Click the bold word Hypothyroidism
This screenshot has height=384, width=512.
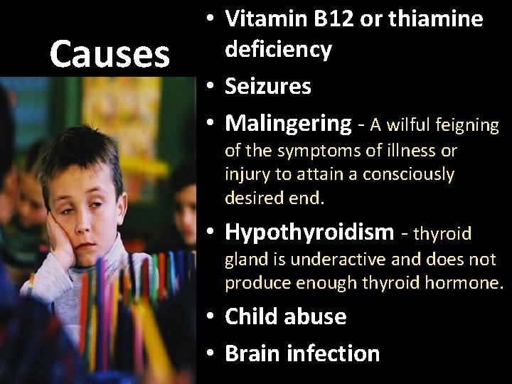click(x=309, y=232)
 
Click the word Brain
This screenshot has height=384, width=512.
click(x=254, y=353)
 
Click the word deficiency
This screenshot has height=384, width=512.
click(x=279, y=50)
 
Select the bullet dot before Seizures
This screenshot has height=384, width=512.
click(x=212, y=87)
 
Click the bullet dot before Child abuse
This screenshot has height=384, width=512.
click(x=212, y=317)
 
